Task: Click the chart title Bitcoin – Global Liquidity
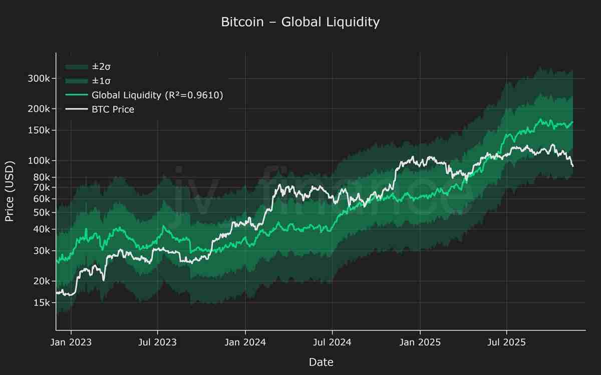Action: pyautogui.click(x=300, y=22)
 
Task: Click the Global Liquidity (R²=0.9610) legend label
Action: pyautogui.click(x=157, y=95)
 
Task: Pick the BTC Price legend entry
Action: pyautogui.click(x=113, y=109)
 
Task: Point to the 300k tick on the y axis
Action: pyautogui.click(x=38, y=78)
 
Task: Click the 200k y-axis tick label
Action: pyautogui.click(x=38, y=109)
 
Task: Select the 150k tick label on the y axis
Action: pyautogui.click(x=38, y=130)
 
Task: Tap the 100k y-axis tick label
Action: pyautogui.click(x=38, y=161)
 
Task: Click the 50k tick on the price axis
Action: pyautogui.click(x=40, y=212)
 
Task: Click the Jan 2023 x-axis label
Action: pyautogui.click(x=71, y=342)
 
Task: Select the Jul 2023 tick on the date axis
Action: pyautogui.click(x=157, y=342)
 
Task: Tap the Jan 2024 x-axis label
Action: pyautogui.click(x=245, y=342)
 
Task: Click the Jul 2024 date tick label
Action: pyautogui.click(x=332, y=342)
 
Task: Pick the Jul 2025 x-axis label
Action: pyautogui.click(x=507, y=342)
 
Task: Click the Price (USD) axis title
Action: pyautogui.click(x=10, y=191)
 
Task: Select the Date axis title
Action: pyautogui.click(x=321, y=362)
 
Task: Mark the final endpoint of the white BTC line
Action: pyautogui.click(x=573, y=166)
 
